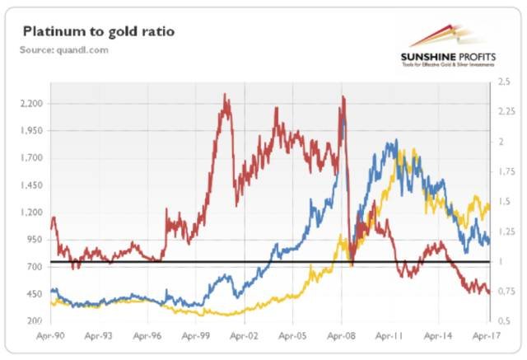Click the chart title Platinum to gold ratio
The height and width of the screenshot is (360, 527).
(x=99, y=32)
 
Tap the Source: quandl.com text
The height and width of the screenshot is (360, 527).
(x=65, y=50)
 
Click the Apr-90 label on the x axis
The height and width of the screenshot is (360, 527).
(x=52, y=336)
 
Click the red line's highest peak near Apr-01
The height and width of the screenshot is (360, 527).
(x=226, y=96)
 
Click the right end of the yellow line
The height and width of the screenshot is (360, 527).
(x=489, y=206)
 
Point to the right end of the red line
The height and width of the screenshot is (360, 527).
(x=489, y=292)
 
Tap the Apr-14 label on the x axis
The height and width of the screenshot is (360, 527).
(x=439, y=336)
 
